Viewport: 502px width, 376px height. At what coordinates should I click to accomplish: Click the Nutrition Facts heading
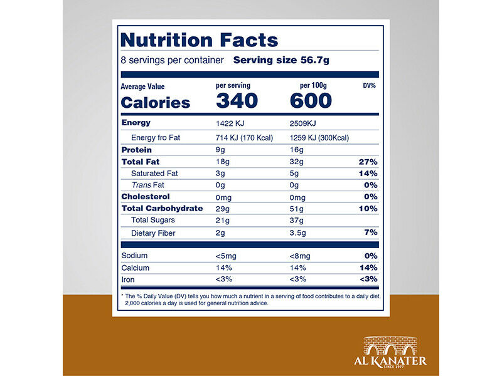tap(199, 40)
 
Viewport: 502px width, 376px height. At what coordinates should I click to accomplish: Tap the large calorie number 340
tap(237, 101)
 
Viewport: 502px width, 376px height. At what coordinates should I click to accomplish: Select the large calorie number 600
tap(311, 101)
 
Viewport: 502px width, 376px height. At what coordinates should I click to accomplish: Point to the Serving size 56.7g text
tap(281, 61)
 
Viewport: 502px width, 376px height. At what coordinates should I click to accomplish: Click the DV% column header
tap(369, 86)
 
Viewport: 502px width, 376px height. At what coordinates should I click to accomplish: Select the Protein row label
tap(137, 150)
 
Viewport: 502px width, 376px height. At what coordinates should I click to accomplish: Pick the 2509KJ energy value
tap(305, 123)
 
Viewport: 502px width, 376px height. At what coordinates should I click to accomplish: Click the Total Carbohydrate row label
tap(162, 208)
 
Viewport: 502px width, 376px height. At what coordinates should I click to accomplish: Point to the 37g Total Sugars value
tap(297, 220)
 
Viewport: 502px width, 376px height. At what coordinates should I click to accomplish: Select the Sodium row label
tap(135, 256)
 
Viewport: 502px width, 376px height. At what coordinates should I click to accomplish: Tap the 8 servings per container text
tap(172, 61)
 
